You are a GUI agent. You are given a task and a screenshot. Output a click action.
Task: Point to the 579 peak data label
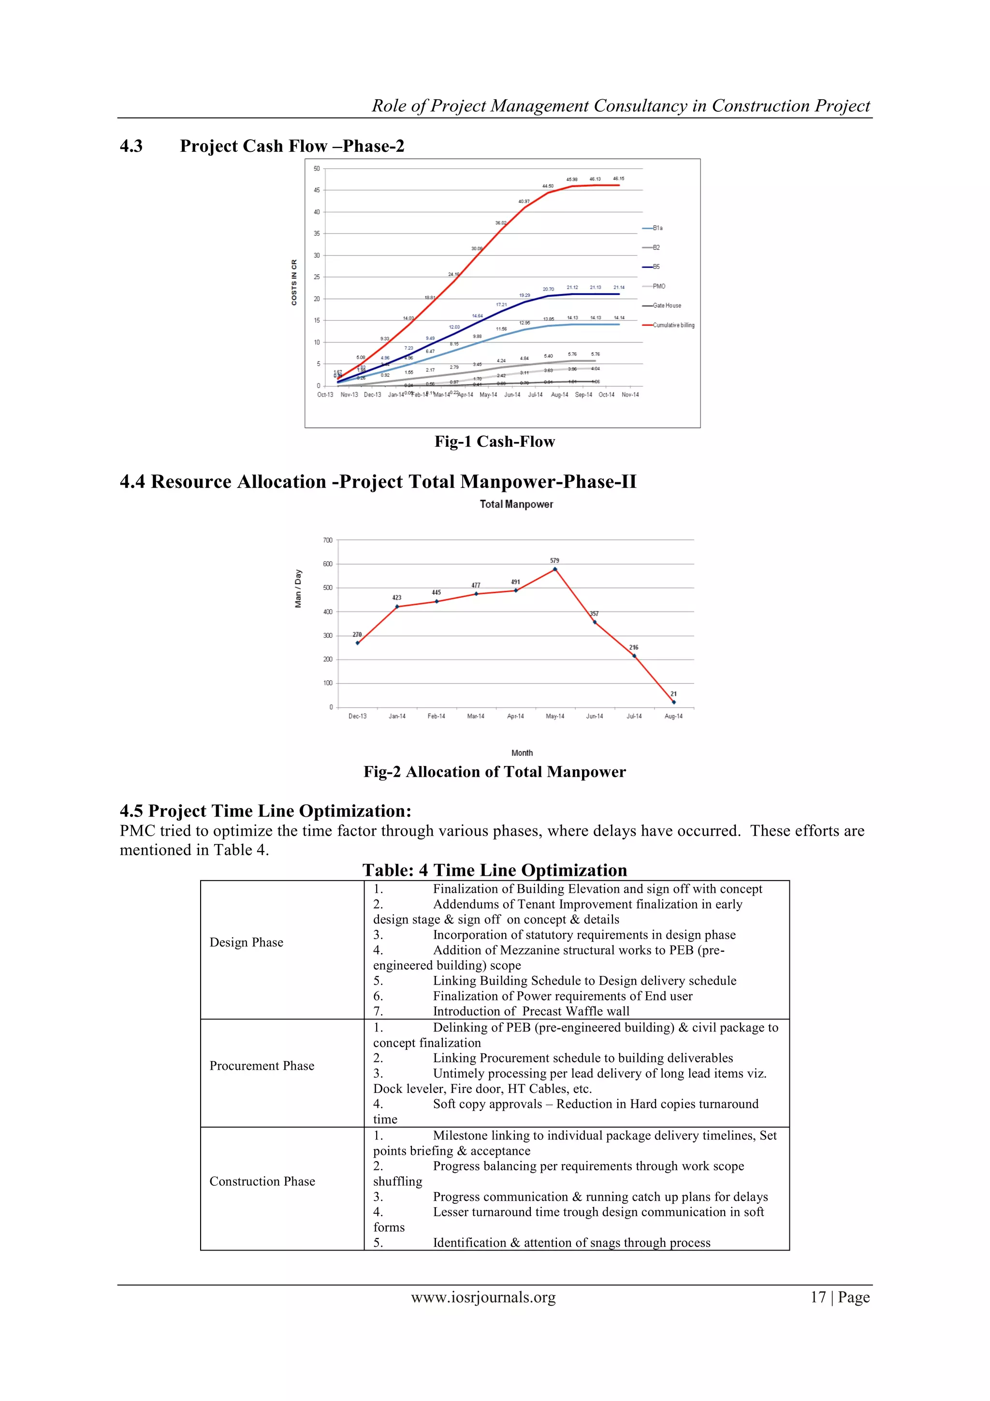point(554,560)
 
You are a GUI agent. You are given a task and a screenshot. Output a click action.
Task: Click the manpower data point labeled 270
point(357,643)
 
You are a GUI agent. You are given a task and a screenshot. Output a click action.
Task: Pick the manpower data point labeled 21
point(673,702)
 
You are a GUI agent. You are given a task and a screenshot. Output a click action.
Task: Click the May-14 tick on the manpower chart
point(554,716)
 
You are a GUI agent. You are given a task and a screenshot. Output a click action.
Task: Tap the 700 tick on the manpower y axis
point(328,540)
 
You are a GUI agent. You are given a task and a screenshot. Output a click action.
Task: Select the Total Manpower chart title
point(516,504)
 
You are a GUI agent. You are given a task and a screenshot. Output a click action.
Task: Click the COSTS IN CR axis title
point(294,282)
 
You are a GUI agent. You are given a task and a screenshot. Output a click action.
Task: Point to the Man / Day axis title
point(298,588)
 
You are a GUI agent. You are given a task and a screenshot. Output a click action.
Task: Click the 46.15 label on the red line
point(619,179)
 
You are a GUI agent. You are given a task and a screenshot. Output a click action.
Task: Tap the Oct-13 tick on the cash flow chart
point(325,395)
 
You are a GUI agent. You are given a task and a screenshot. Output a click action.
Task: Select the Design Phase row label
point(247,942)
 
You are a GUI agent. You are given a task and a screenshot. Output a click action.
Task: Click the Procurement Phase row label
point(262,1065)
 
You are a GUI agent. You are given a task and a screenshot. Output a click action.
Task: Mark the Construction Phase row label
point(262,1181)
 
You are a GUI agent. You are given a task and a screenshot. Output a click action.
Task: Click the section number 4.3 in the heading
point(131,146)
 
